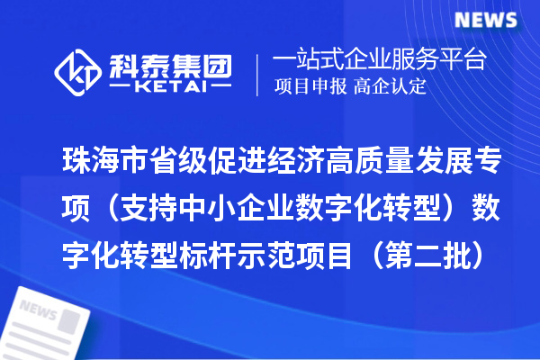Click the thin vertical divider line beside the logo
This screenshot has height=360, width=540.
(x=259, y=75)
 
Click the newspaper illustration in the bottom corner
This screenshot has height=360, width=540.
(x=49, y=319)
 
